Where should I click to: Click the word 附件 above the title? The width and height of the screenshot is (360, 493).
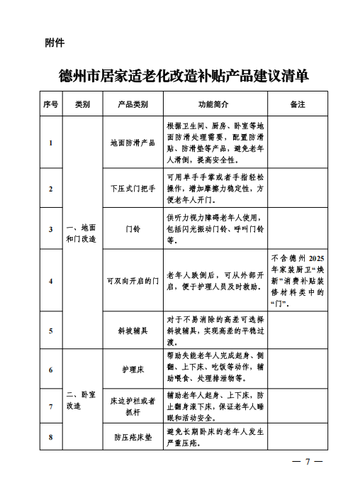(55, 43)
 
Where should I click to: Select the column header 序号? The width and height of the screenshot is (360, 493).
(50, 104)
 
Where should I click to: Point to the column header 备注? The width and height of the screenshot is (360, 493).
(298, 104)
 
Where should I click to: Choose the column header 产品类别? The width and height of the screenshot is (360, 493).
(133, 104)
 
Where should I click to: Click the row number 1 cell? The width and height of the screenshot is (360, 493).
(50, 143)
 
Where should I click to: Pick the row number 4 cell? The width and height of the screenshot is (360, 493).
(50, 281)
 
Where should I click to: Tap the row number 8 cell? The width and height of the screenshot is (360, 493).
(50, 437)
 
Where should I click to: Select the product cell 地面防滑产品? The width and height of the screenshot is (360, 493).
(133, 143)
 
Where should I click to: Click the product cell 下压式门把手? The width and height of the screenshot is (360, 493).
(133, 189)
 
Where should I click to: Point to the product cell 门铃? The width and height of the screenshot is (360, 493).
(133, 229)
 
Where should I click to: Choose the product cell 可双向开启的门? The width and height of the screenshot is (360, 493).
(133, 281)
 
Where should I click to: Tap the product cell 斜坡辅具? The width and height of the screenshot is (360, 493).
(133, 331)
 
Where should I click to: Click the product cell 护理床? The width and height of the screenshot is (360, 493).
(133, 370)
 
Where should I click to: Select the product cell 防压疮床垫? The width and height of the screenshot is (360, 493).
(133, 437)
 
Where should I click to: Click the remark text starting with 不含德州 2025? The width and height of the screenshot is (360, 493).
(298, 281)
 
